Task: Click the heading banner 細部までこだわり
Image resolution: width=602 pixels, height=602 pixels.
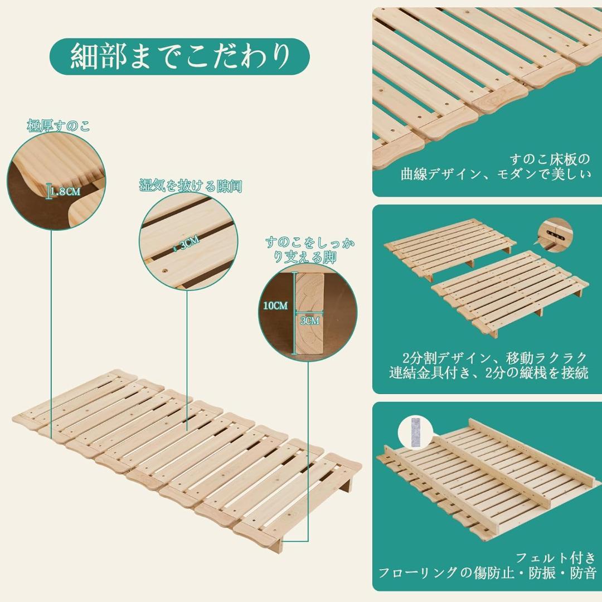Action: point(179,56)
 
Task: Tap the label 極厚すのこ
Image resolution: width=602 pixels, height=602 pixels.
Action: point(59,125)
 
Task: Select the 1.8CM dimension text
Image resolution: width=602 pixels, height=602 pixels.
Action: point(65,191)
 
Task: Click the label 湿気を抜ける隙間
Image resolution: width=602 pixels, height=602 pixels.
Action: point(191,186)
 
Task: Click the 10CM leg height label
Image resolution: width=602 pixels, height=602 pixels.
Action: point(275,305)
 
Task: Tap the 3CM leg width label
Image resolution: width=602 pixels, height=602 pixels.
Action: point(309,321)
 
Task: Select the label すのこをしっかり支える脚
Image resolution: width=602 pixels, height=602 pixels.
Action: point(310,250)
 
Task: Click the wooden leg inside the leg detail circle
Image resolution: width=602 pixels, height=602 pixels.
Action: point(309,313)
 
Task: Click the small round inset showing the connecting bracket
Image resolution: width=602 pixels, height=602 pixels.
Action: point(556,235)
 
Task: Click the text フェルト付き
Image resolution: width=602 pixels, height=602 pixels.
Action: point(556,557)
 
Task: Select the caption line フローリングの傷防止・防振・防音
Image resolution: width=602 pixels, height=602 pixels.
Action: point(487,573)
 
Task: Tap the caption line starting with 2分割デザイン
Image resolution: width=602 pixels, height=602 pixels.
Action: point(495,357)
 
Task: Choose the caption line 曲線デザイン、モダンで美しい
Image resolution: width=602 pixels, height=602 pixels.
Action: point(496,174)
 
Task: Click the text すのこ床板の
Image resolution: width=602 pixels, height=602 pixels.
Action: point(550,159)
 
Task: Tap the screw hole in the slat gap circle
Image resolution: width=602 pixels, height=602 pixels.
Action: point(166,271)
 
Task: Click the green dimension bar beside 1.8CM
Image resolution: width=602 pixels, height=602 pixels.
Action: point(48,192)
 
